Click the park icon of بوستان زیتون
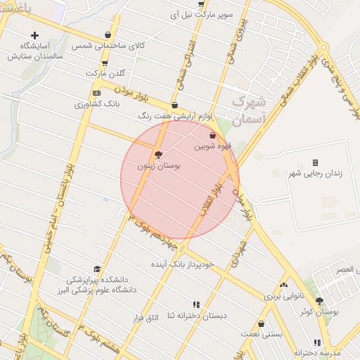coord(158,155)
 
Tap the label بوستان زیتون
coord(159,167)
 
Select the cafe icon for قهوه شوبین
coord(213,136)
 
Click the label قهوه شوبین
coord(212,147)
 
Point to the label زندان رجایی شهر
coord(315,173)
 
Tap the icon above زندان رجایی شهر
coord(315,162)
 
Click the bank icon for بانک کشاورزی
coord(96,93)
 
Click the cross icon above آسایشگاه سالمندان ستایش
coord(34,35)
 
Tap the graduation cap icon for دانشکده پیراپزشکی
coord(97,269)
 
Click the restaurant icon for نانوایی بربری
coord(283,285)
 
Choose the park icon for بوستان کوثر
coord(320,300)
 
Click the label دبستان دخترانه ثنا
coord(196,316)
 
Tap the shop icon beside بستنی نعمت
coord(262,324)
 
